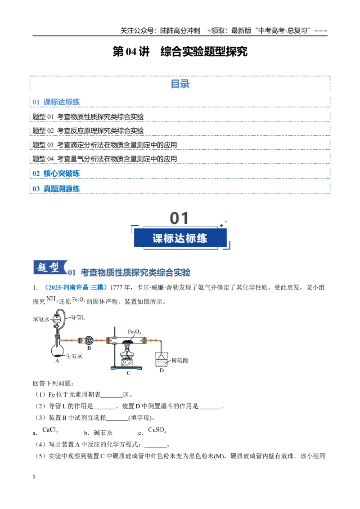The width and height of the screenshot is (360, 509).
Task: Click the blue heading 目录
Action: point(180,84)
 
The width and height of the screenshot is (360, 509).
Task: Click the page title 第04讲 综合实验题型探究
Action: point(180,51)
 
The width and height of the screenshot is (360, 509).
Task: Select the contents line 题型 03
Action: point(104,145)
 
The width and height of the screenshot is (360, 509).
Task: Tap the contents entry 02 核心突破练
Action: point(56,174)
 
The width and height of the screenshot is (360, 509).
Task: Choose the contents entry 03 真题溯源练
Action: point(56,188)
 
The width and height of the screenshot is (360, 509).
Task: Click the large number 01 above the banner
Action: point(179,218)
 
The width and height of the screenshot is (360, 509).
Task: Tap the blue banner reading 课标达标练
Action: point(180,238)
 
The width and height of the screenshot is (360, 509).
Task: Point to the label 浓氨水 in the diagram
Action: point(41,319)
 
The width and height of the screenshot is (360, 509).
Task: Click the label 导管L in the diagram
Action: point(78,317)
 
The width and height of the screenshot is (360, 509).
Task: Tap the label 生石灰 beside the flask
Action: point(74,356)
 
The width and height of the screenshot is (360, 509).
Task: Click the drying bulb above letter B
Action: point(89,340)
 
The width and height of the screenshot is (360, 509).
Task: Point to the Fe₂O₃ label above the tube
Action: point(134,331)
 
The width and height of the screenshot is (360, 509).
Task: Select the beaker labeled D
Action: point(162,359)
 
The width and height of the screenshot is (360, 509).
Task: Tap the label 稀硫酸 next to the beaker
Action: point(180,360)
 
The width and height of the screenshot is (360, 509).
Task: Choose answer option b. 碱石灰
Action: point(99,433)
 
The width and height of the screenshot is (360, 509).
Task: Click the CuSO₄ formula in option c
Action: point(157,430)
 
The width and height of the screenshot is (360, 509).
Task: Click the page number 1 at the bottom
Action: point(34,477)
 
